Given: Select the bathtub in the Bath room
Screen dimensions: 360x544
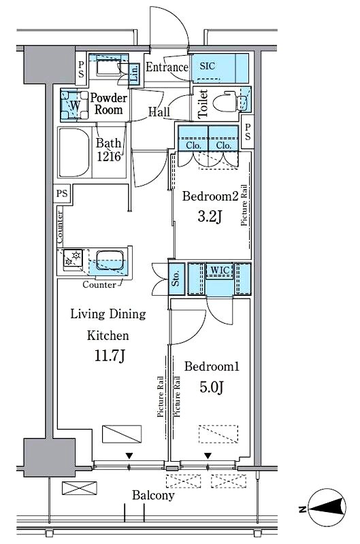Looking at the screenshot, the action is [x=73, y=152].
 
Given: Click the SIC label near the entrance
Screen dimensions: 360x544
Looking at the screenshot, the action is [x=208, y=66].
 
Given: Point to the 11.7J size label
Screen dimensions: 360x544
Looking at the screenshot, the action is [x=110, y=356].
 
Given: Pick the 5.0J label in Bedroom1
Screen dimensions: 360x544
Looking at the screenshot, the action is [x=211, y=387].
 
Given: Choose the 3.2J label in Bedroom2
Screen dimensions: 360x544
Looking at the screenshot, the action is [x=210, y=217].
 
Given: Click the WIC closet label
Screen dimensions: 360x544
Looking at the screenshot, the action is [x=220, y=270].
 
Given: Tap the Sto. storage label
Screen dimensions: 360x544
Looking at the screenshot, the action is [x=176, y=278].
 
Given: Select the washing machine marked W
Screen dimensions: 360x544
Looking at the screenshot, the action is [x=74, y=105].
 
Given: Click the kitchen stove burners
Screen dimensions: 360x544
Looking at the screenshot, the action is [x=73, y=258].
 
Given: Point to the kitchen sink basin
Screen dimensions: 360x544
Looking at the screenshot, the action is [x=110, y=260].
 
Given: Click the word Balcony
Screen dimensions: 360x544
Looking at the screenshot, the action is [x=153, y=496].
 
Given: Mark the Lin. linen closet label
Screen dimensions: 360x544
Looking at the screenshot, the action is [x=135, y=73].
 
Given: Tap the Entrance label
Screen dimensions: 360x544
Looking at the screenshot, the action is [x=167, y=67].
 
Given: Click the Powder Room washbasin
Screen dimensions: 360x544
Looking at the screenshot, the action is [x=109, y=67].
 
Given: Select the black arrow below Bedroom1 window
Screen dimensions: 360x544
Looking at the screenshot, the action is [x=208, y=456].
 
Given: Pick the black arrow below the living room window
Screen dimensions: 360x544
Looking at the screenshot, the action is [x=129, y=456].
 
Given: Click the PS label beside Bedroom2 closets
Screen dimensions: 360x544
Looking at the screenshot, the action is [x=247, y=132].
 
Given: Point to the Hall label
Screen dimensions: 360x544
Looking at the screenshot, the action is [x=159, y=112].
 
